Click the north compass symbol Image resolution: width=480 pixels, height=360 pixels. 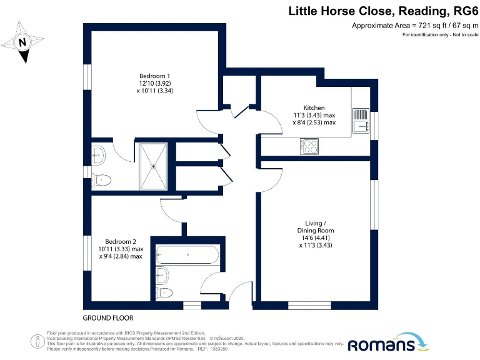[x=22, y=42]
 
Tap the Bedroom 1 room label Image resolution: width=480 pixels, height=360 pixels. [x=155, y=77]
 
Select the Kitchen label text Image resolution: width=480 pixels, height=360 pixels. [x=314, y=107]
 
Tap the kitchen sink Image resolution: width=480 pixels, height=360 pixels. [x=361, y=121]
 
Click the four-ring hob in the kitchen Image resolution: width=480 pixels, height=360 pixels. [x=311, y=146]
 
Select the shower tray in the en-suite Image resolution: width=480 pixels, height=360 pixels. [x=153, y=166]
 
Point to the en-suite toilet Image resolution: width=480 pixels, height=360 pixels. [x=102, y=180]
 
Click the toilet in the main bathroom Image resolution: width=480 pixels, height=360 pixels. [x=165, y=292]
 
